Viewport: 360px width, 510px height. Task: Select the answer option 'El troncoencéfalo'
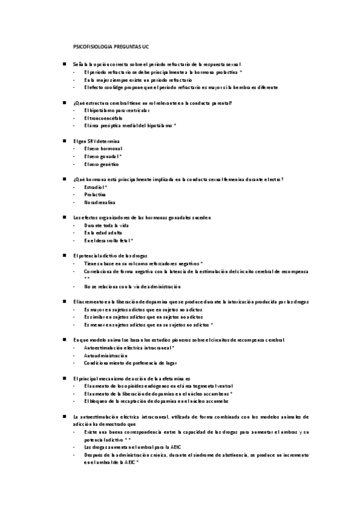pyautogui.click(x=103, y=118)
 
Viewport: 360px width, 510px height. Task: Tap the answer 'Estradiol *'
pyautogui.click(x=96, y=187)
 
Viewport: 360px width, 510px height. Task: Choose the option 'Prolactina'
pyautogui.click(x=96, y=195)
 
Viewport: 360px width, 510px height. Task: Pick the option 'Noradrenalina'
pyautogui.click(x=99, y=203)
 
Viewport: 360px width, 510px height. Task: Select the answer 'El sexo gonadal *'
pyautogui.click(x=103, y=156)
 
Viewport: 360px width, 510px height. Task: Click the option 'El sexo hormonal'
pyautogui.click(x=103, y=149)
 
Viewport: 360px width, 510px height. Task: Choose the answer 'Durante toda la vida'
pyautogui.click(x=106, y=225)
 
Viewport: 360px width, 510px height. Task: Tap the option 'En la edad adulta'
pyautogui.click(x=103, y=233)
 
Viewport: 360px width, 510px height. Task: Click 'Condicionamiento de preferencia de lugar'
pyautogui.click(x=129, y=363)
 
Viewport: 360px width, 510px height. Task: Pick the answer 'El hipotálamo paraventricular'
pyautogui.click(x=117, y=111)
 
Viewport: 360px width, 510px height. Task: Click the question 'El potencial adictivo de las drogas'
pyautogui.click(x=109, y=256)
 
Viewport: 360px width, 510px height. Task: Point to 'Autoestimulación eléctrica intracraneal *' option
pyautogui.click(x=129, y=348)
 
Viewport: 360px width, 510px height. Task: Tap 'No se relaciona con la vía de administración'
pyautogui.click(x=132, y=286)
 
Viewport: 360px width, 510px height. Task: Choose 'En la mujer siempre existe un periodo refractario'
pyautogui.click(x=138, y=79)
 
